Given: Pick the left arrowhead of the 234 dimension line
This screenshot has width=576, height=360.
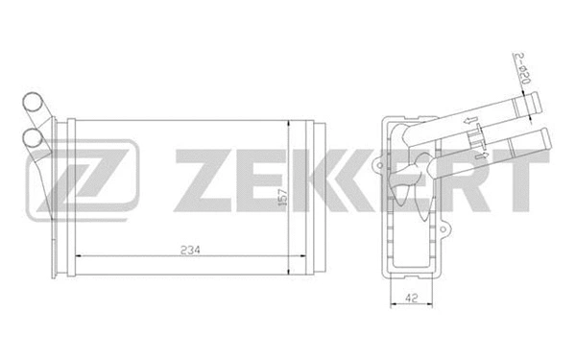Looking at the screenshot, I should (79, 256).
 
